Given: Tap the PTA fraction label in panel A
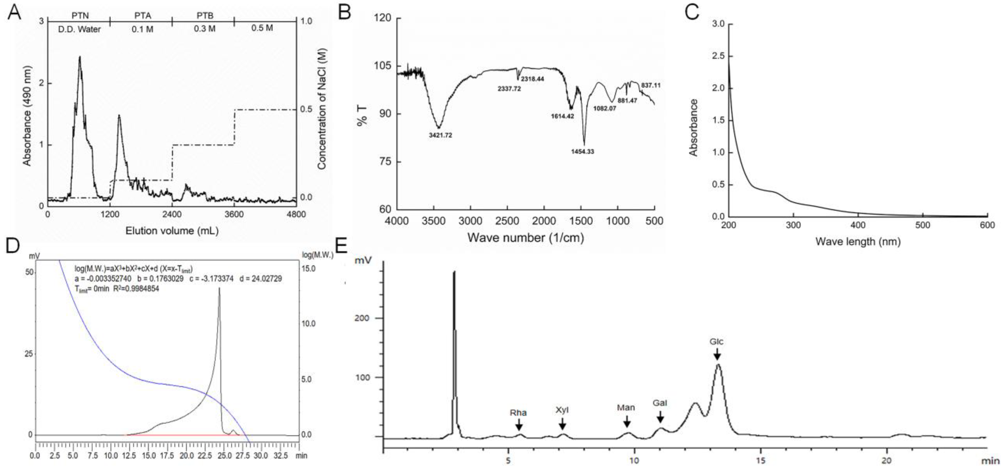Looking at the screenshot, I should [142, 16].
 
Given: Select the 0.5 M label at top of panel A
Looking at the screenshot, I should [262, 28].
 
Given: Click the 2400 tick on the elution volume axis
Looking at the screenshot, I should [172, 214].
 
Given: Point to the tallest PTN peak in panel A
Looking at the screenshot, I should [80, 57].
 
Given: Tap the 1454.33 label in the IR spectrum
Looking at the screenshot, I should [582, 151].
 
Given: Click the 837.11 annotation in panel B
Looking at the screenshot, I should [651, 85].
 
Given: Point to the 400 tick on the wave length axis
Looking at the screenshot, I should [858, 225].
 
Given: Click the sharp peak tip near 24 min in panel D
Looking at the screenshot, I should [219, 288].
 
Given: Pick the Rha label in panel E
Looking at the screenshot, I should [518, 412].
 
